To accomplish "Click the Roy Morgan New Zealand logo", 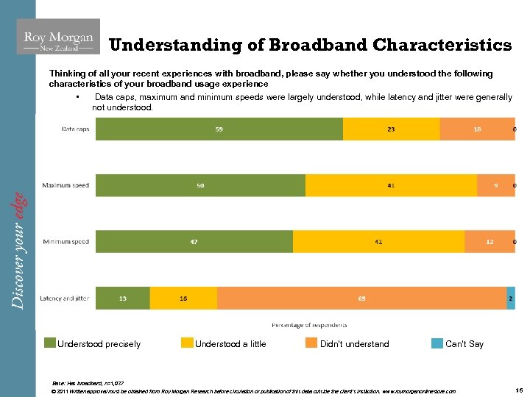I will tap(58, 37).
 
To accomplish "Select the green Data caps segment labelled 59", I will tap(219, 129).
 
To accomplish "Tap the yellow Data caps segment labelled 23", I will tap(391, 129).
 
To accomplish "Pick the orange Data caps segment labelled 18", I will tap(477, 129).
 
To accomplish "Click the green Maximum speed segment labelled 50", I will tap(200, 185).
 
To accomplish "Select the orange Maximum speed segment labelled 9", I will tap(495, 185).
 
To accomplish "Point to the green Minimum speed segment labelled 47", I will tap(194, 242).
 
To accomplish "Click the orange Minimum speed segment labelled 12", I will tap(490, 242).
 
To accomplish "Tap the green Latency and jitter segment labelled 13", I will tap(123, 298).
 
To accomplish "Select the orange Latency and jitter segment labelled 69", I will tap(361, 298).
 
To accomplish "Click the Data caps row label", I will tap(75, 129).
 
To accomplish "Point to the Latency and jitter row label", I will tap(65, 298).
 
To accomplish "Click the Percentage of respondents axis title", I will tap(309, 324).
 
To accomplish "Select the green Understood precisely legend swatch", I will tap(50, 343).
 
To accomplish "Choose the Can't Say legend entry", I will tap(464, 343).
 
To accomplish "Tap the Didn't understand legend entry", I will tap(354, 343).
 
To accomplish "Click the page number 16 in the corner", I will tap(518, 390).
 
